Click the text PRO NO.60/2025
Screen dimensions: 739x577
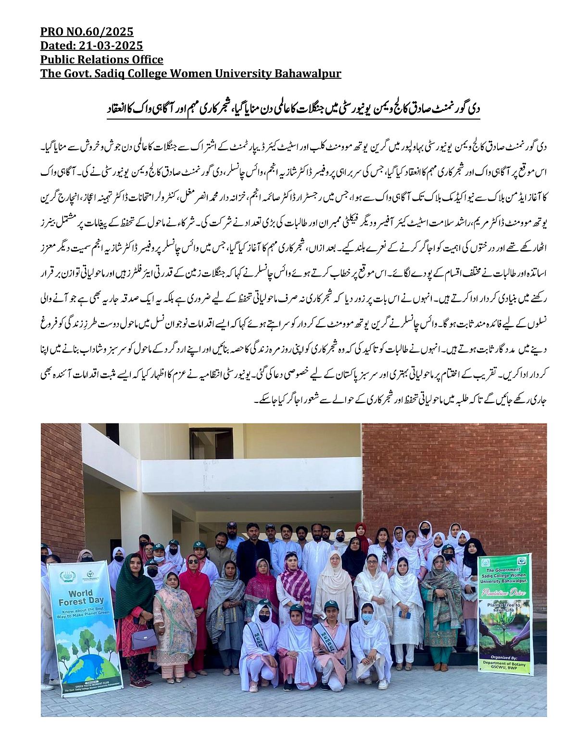(x=87, y=32)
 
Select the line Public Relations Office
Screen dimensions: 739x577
(x=101, y=60)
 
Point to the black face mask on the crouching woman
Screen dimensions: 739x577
(x=263, y=618)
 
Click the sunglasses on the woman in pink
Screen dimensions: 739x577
(x=193, y=561)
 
